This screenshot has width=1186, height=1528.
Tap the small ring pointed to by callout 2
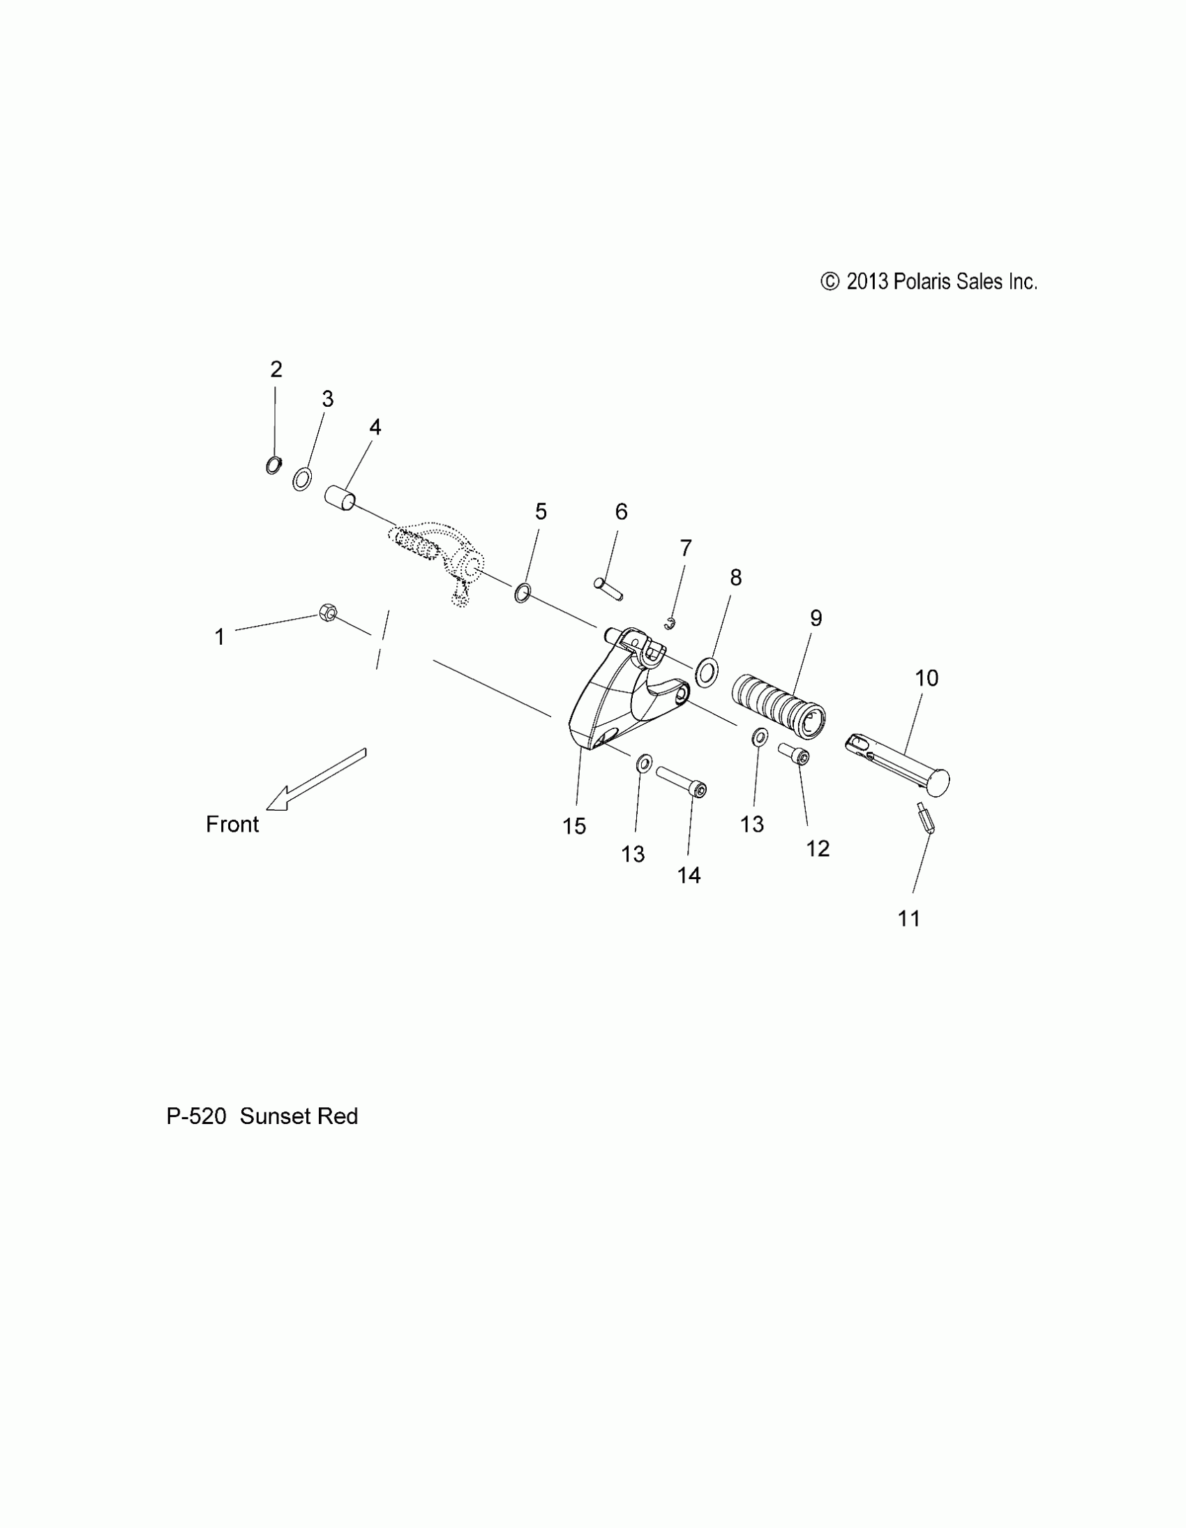(x=274, y=465)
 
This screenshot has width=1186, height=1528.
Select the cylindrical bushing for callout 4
(x=340, y=499)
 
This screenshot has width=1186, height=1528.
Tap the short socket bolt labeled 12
(x=795, y=754)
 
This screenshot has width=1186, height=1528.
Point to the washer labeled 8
(x=707, y=673)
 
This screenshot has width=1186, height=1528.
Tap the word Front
(x=232, y=824)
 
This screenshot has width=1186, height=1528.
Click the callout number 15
(x=573, y=826)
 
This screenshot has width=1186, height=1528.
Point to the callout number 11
(x=908, y=919)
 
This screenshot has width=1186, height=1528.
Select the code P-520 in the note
(x=196, y=1116)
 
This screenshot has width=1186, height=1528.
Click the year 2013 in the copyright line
(x=867, y=282)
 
